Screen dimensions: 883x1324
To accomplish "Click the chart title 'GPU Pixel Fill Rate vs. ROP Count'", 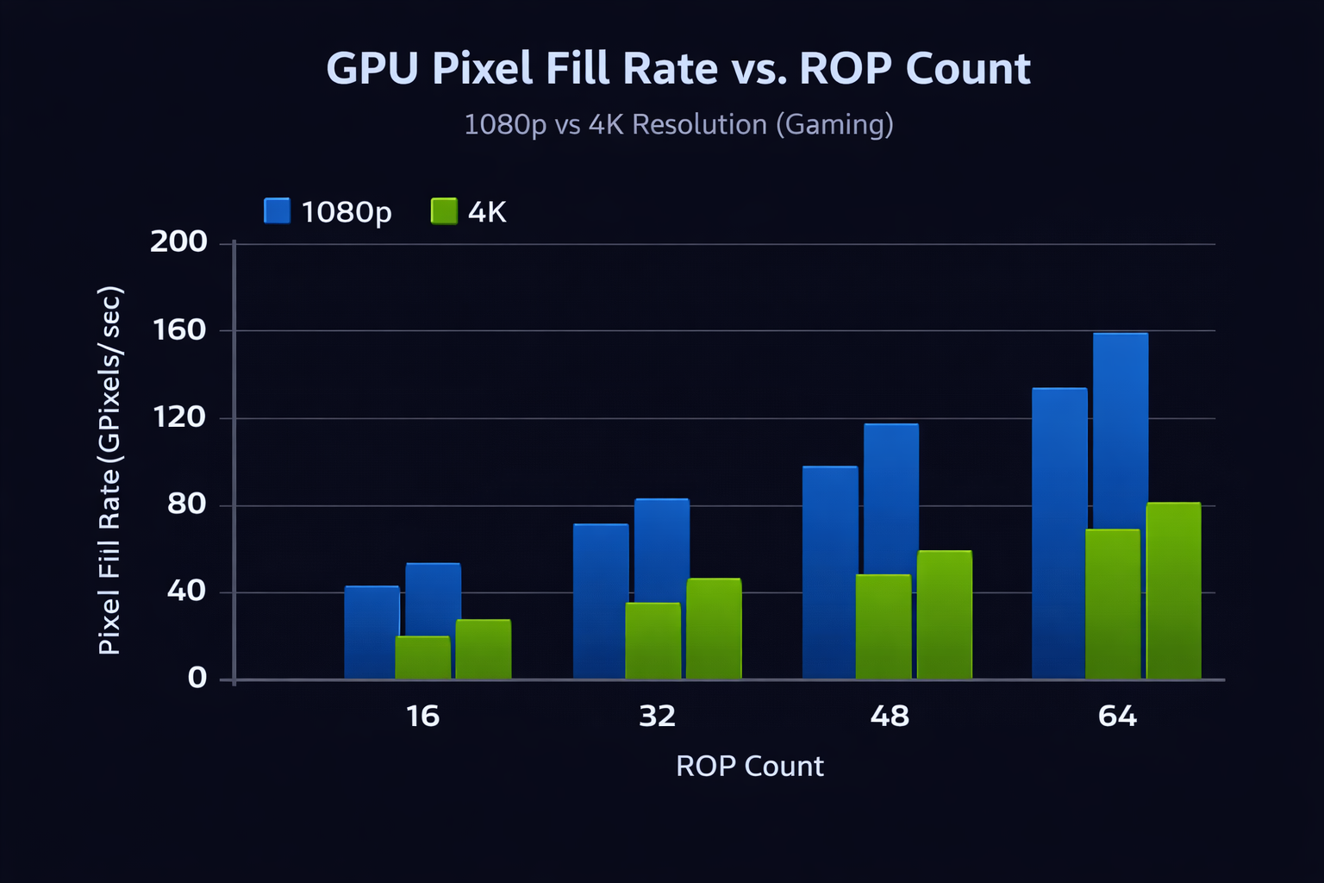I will tap(678, 69).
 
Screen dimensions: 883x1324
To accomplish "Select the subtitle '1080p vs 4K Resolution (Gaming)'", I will tap(678, 125).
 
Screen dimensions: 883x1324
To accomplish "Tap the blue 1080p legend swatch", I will tap(277, 211).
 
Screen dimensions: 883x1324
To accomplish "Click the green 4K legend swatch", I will tap(444, 211).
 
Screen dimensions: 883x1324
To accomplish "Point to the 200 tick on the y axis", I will tap(178, 242).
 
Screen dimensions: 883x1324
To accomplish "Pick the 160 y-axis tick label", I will tap(178, 329).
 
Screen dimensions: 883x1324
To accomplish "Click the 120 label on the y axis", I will tap(178, 417).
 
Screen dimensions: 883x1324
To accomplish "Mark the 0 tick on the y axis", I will tap(197, 679).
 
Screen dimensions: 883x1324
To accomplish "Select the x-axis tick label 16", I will tap(422, 717).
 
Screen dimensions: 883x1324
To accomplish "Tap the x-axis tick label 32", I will tap(657, 717).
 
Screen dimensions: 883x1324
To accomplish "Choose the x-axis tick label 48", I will tap(890, 717).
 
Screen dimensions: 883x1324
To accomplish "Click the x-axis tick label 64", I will tap(1117, 717).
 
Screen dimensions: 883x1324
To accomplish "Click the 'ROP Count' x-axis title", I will tap(749, 767).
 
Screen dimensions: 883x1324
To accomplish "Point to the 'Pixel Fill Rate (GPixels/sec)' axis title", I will tap(110, 471).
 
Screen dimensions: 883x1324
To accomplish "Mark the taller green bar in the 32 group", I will tap(714, 629).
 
